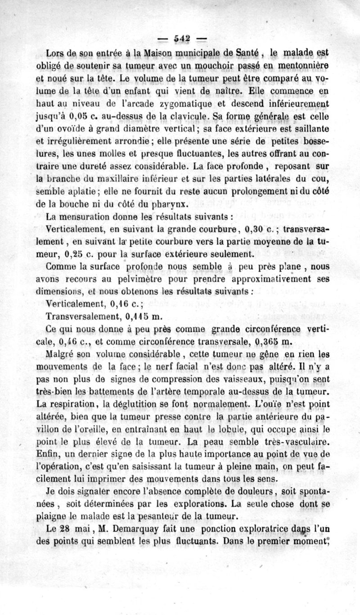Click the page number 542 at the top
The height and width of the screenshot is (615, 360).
point(180,38)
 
